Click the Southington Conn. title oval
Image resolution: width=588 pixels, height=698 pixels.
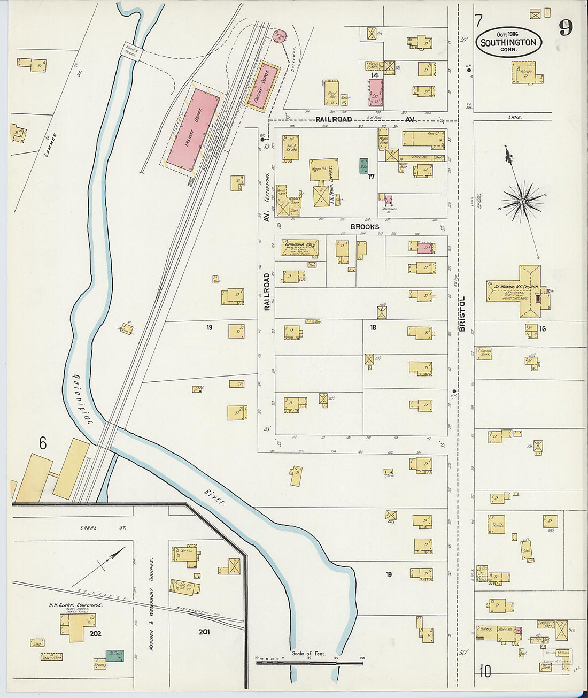click(508, 42)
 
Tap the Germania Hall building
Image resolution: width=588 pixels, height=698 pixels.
click(299, 247)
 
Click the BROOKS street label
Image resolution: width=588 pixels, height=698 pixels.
click(365, 227)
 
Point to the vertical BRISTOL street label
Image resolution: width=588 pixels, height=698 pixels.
click(462, 314)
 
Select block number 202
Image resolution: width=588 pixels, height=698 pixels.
click(96, 634)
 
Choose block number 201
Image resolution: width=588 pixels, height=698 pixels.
click(204, 632)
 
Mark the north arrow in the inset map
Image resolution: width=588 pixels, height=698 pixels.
click(100, 566)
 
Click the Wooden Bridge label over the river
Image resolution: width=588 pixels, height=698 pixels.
click(131, 52)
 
